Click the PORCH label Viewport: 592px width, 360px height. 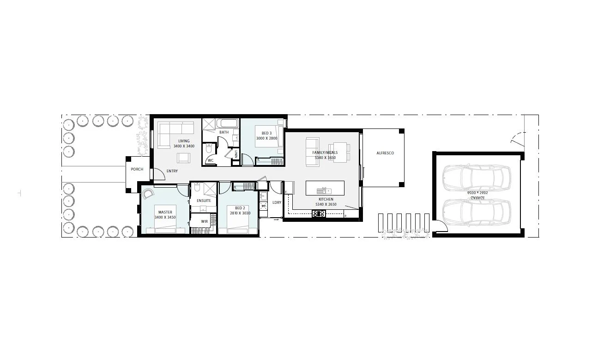(x=137, y=169)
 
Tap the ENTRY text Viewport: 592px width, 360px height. (x=172, y=171)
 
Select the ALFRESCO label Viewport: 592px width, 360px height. (x=385, y=153)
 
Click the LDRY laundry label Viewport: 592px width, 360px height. (x=277, y=202)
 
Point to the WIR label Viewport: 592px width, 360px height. (x=204, y=221)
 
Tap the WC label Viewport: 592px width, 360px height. (x=210, y=160)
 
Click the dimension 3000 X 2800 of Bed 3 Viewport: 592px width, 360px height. (x=266, y=138)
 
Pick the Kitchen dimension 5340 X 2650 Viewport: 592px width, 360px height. (x=326, y=204)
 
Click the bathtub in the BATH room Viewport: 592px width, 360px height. (x=228, y=123)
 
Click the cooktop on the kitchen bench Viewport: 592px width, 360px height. (x=319, y=214)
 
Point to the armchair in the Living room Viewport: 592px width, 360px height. (x=183, y=158)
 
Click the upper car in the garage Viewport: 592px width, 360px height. (x=477, y=176)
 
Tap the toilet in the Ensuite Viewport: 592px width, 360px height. (x=197, y=188)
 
